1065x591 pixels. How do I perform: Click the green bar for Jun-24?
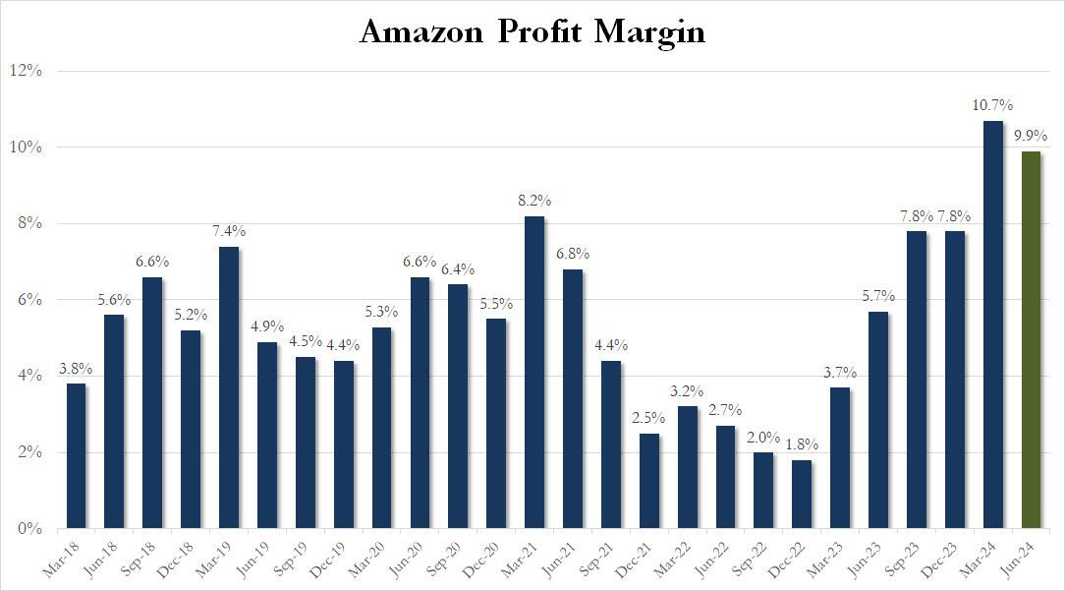point(1031,339)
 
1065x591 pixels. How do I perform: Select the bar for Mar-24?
point(992,325)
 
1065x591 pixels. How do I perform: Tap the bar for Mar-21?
point(533,372)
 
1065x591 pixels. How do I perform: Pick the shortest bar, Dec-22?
point(802,494)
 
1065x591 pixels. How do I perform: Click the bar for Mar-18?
point(76,455)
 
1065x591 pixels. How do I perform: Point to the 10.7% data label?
point(992,105)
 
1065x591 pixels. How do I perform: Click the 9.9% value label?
point(1031,137)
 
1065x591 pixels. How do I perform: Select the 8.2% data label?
point(533,201)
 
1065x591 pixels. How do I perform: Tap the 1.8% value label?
point(802,444)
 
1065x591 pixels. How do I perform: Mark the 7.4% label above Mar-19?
point(228,231)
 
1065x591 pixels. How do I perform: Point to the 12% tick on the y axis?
point(26,71)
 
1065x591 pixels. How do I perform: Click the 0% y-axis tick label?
point(29,529)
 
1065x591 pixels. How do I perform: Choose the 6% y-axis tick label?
point(29,300)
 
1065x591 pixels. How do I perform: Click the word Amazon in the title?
point(421,32)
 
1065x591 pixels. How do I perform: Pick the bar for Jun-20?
point(420,402)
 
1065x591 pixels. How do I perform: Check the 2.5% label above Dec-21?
point(648,418)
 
